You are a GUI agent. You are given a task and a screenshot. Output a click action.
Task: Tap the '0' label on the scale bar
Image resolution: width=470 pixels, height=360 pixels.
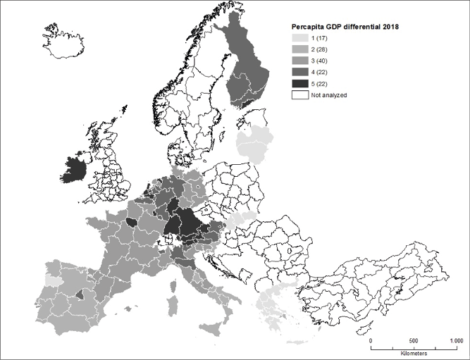[x=371, y=340]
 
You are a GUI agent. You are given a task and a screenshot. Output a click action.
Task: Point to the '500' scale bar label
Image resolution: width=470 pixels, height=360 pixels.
[x=414, y=340]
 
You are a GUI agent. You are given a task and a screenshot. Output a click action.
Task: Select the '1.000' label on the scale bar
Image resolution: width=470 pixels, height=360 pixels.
[x=452, y=340]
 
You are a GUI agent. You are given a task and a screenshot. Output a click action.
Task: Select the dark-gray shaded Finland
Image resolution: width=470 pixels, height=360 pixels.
[x=248, y=70]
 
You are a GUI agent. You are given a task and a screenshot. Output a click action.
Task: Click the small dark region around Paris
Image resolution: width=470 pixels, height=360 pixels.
[x=131, y=224]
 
